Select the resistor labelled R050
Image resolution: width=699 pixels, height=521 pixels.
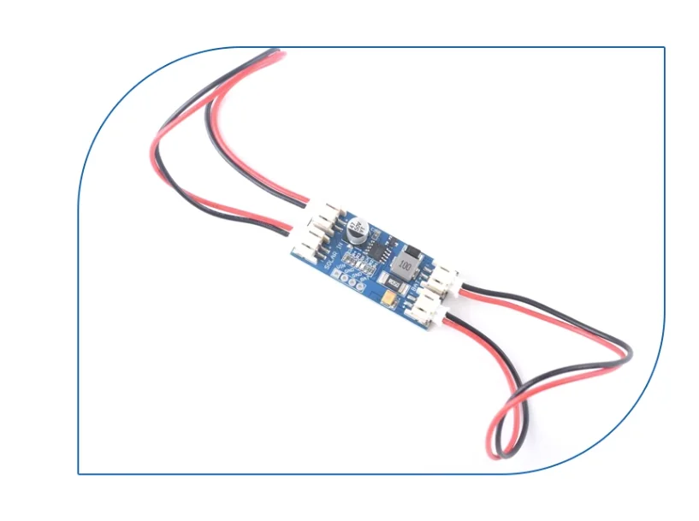tap(395, 281)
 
